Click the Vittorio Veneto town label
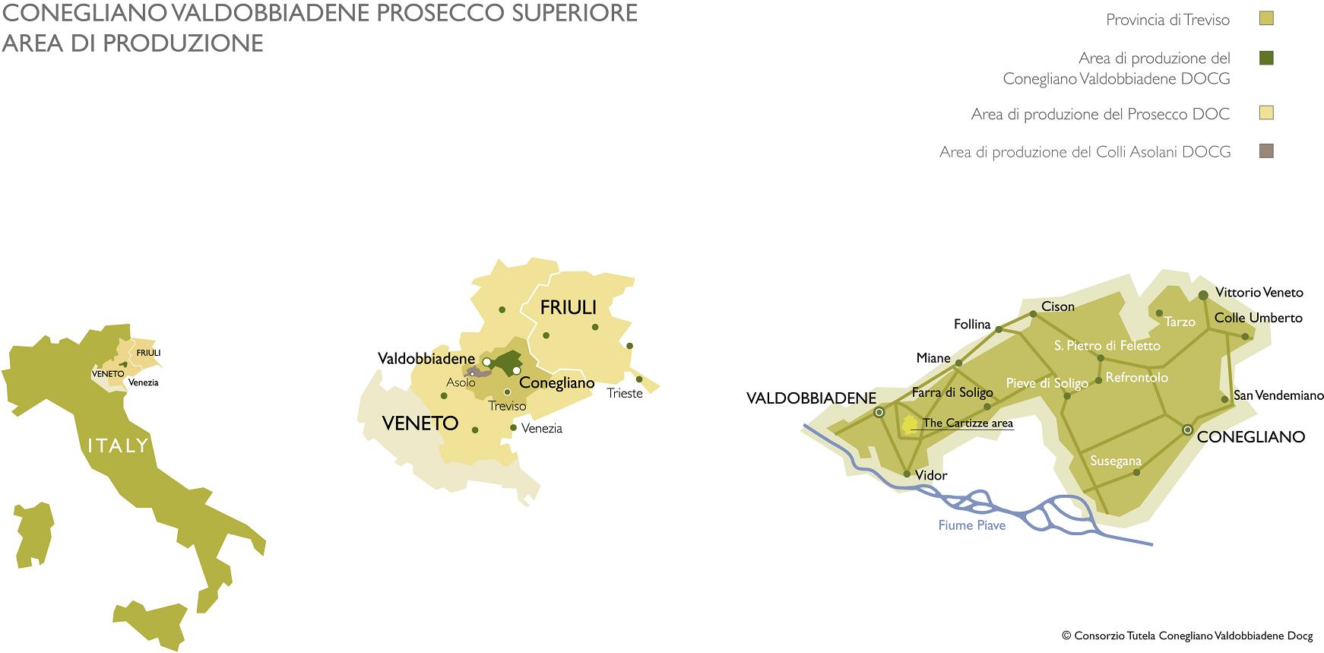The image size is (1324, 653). (x=1259, y=292)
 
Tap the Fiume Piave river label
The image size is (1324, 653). (x=971, y=525)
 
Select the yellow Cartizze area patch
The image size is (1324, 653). (x=909, y=424)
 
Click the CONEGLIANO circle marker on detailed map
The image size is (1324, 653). (x=1187, y=430)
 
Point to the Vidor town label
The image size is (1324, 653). (x=931, y=475)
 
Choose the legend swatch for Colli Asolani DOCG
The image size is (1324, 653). (x=1266, y=151)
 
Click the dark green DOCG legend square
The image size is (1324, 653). (x=1266, y=58)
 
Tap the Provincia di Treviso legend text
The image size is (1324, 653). (x=1167, y=20)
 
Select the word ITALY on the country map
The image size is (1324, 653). (x=118, y=445)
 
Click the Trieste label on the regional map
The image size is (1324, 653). (x=624, y=393)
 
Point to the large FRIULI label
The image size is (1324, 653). (x=568, y=308)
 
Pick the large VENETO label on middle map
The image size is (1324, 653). (x=420, y=423)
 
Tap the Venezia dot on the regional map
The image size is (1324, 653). (x=514, y=428)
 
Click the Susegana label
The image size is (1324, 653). (x=1115, y=461)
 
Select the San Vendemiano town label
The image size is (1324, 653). (x=1278, y=395)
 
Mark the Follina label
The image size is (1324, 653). (x=972, y=325)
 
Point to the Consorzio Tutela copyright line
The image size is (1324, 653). (x=1186, y=636)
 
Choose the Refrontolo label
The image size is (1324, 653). (x=1136, y=377)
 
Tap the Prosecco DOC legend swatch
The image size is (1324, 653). (x=1266, y=113)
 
